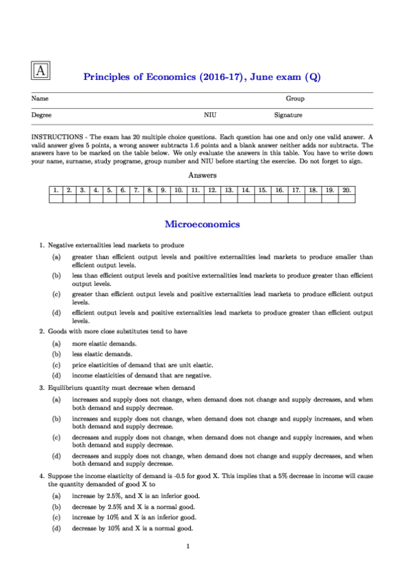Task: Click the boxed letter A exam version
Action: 41,70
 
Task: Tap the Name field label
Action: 40,99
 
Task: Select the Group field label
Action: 295,99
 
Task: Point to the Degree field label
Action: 42,116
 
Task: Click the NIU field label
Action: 210,116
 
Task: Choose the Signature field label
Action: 288,116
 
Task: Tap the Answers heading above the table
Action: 202,175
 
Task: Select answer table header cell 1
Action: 55,189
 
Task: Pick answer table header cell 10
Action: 177,189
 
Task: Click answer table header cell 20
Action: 347,189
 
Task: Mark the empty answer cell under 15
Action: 263,199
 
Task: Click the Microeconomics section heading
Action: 202,224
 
